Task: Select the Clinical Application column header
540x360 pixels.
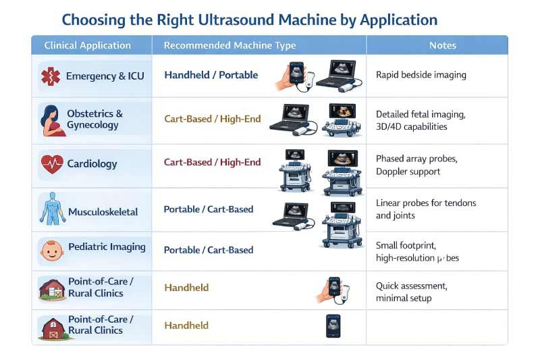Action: tap(87, 45)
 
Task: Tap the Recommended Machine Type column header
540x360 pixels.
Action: tap(230, 45)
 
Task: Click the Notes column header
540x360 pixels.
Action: tap(442, 45)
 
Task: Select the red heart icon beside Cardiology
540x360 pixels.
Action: tap(51, 163)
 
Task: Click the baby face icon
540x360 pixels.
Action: tap(51, 251)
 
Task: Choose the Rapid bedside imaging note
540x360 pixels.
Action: tap(421, 75)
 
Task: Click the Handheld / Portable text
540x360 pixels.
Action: tap(211, 75)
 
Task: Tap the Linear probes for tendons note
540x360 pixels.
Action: tap(425, 209)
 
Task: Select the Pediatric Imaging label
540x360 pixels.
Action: tap(107, 247)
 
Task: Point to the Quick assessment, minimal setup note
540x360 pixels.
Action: tap(411, 292)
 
